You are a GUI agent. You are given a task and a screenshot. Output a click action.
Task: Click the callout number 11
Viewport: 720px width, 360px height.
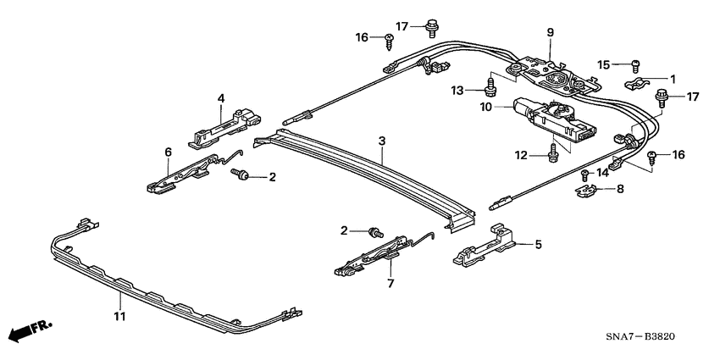point(119,317)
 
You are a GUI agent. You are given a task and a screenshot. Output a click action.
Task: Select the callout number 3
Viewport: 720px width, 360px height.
point(382,140)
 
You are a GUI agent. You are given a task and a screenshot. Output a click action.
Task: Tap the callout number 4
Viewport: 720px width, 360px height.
point(220,99)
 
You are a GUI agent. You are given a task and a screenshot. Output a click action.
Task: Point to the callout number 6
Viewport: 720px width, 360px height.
point(168,152)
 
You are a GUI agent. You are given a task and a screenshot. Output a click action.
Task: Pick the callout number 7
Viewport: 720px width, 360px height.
point(390,283)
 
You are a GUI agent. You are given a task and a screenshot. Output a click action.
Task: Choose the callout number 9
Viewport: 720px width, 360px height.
point(550,32)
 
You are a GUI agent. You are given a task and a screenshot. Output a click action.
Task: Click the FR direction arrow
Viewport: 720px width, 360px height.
point(27,331)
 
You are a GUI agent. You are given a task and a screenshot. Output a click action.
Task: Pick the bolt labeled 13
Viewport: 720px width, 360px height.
point(490,85)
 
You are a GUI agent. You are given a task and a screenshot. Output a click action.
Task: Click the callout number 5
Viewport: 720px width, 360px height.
point(536,245)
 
